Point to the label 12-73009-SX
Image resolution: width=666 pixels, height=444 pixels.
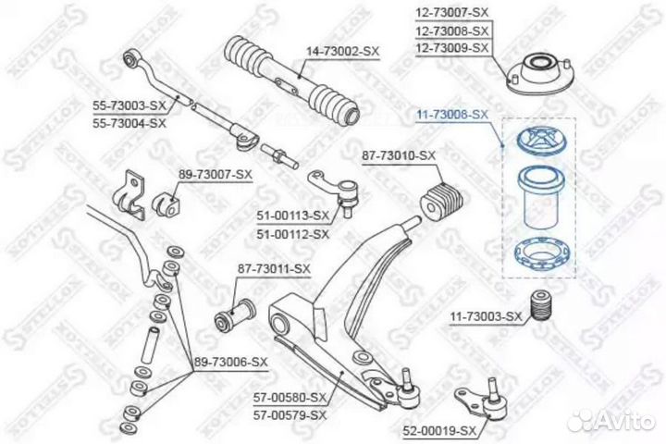[x=450, y=45]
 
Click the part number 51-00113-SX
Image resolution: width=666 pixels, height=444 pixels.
[x=295, y=216]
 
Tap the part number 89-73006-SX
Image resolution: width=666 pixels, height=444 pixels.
[x=231, y=362]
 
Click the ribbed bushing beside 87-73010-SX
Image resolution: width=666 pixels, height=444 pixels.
[x=442, y=199]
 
